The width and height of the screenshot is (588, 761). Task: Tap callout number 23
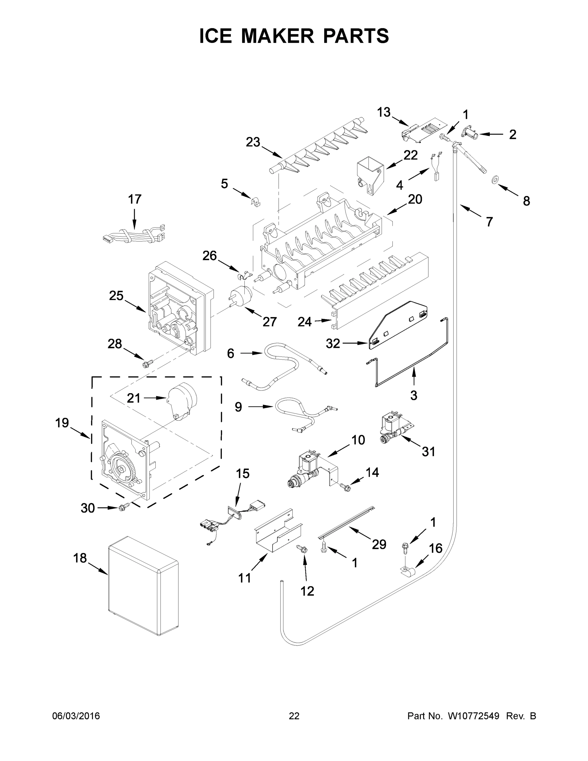pyautogui.click(x=253, y=142)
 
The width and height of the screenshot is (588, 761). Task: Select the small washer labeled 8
pyautogui.click(x=494, y=180)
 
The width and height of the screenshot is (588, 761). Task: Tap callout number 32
pyautogui.click(x=333, y=344)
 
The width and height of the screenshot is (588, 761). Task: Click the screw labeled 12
pyautogui.click(x=302, y=550)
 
